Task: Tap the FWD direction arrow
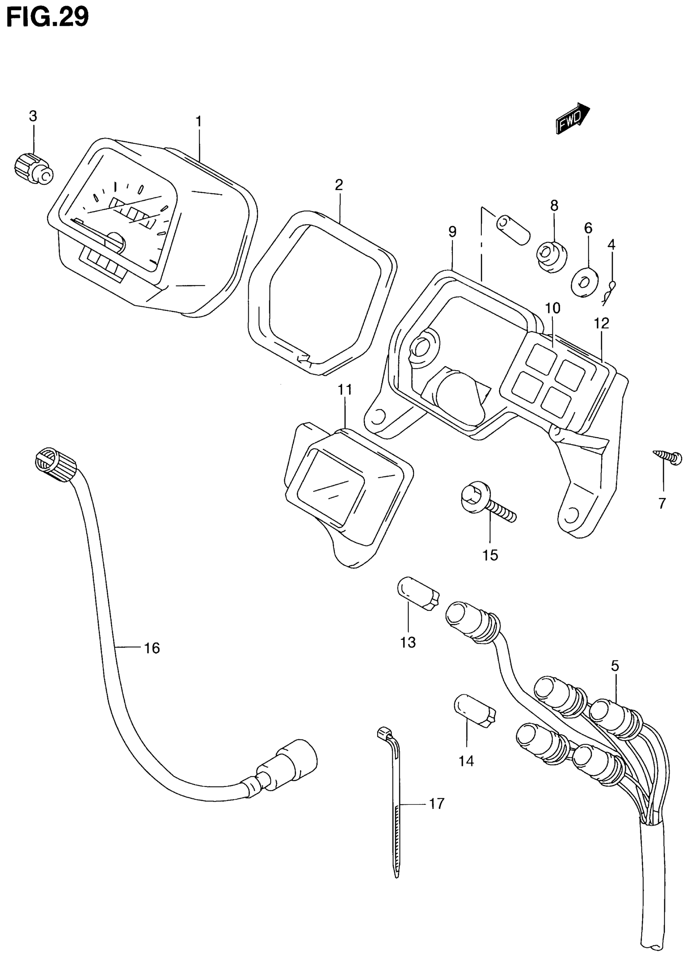[572, 119]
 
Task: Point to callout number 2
[338, 185]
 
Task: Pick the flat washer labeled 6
[585, 281]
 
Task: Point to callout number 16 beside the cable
[152, 648]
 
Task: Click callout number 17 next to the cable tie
[436, 803]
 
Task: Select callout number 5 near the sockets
[615, 666]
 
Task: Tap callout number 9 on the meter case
[452, 232]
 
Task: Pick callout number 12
[602, 323]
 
